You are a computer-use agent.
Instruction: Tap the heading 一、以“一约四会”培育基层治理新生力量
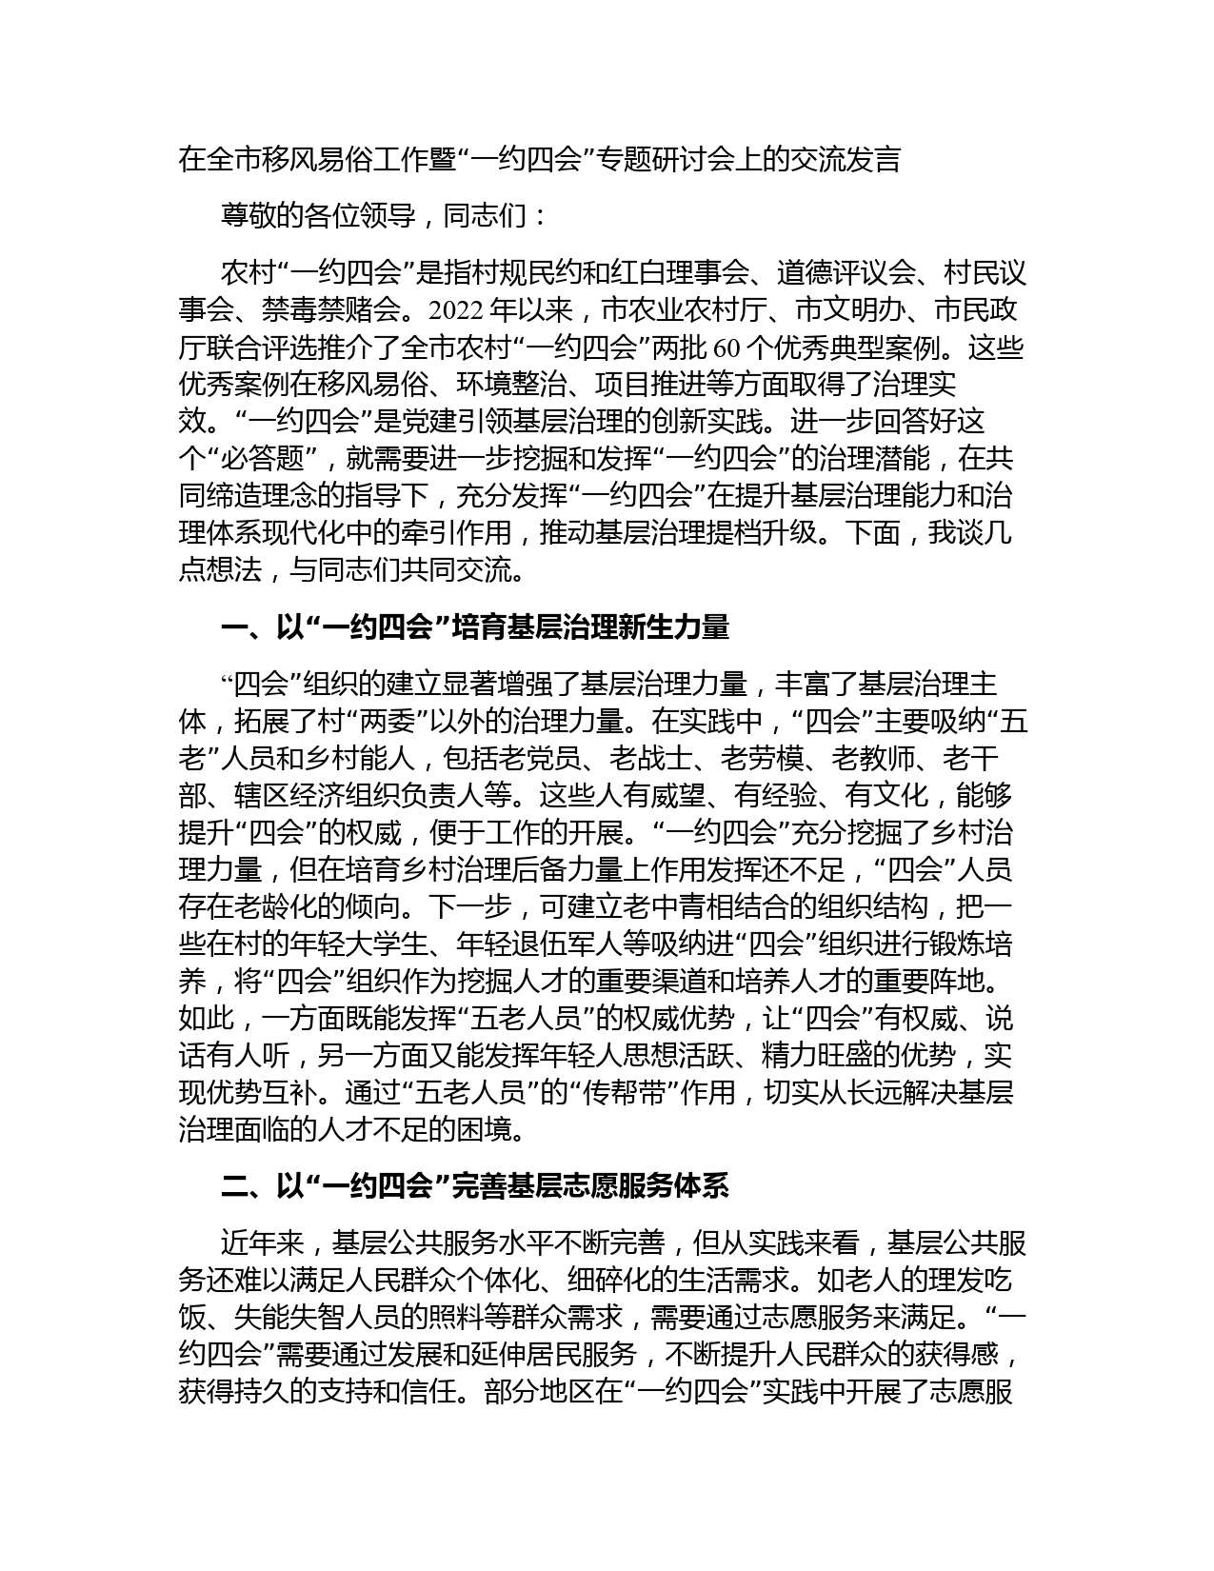pos(474,627)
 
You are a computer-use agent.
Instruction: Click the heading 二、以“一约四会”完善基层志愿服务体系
pos(474,1186)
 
